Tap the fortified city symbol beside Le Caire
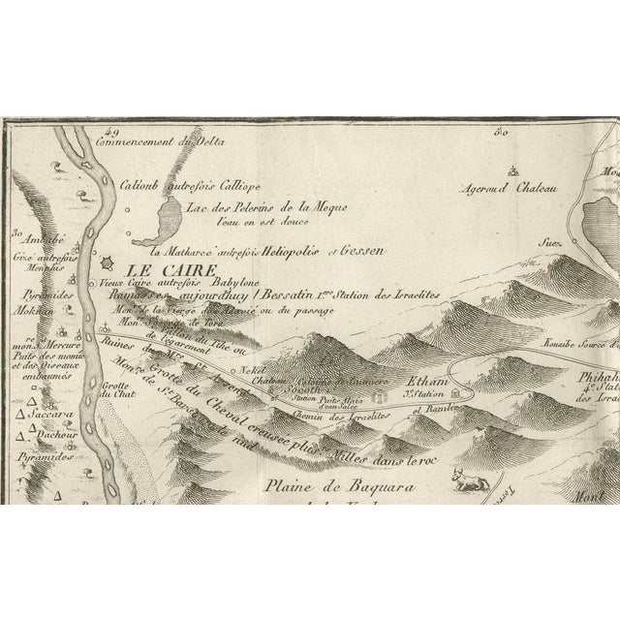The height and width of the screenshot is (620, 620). pyautogui.click(x=111, y=263)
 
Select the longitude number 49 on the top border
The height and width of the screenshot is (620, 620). pyautogui.click(x=111, y=132)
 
